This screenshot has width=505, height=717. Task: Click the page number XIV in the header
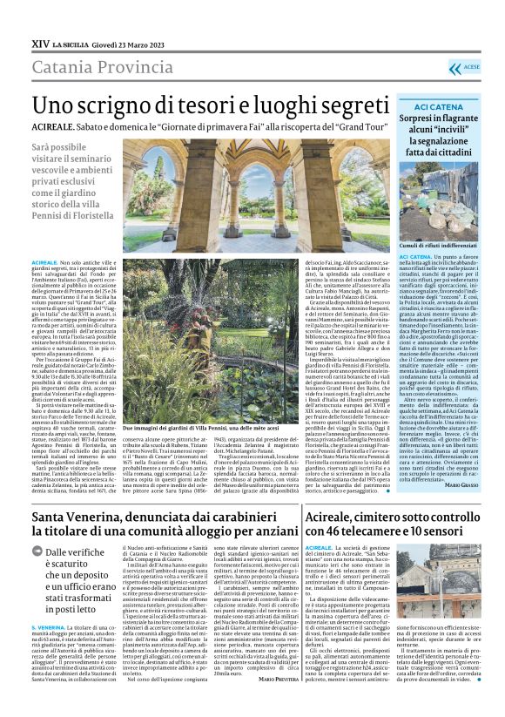39,41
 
